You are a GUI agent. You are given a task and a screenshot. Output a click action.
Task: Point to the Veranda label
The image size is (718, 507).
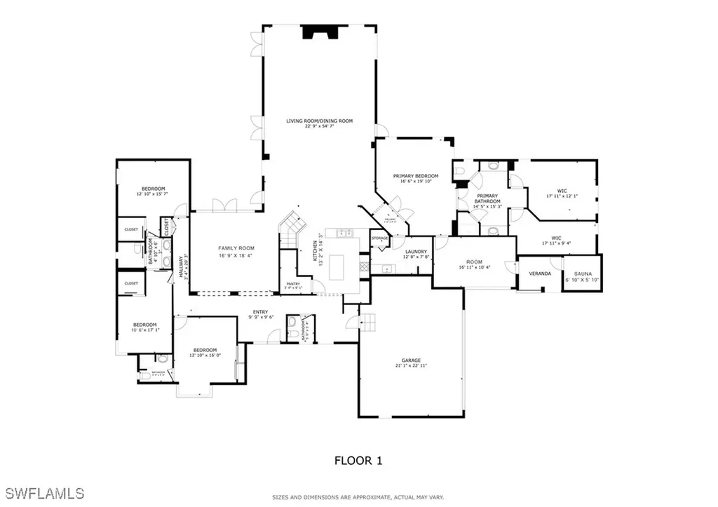click(540, 273)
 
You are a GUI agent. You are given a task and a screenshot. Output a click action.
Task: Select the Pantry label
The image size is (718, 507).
click(293, 284)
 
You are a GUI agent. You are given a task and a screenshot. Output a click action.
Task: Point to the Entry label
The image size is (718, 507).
click(260, 313)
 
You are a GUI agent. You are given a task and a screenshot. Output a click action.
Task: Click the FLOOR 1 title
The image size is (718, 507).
click(358, 461)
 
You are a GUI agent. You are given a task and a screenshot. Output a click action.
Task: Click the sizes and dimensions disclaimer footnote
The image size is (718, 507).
click(358, 497)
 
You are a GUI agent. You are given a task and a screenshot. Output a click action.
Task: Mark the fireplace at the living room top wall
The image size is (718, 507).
click(319, 32)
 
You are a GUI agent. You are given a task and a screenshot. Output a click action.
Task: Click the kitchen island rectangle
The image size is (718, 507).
click(337, 266)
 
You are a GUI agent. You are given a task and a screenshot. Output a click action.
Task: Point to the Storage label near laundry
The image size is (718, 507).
click(380, 238)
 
